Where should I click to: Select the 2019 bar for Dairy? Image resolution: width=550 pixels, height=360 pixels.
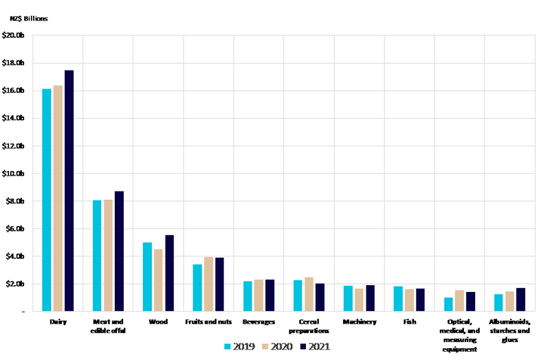[46, 200]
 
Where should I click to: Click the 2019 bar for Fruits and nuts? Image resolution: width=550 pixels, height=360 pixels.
[197, 288]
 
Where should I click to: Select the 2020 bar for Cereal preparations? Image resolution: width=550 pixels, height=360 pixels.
[309, 295]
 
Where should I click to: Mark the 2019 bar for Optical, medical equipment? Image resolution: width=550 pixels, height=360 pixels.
[448, 304]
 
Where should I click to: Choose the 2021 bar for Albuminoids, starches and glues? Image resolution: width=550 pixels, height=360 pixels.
[521, 300]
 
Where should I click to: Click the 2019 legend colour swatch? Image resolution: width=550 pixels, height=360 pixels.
[230, 347]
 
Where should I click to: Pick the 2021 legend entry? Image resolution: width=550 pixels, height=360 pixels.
[315, 347]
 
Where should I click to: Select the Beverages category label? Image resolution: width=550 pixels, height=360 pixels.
[258, 322]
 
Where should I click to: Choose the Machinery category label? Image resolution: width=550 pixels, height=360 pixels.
[359, 322]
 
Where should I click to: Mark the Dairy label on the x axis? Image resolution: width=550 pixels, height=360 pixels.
[58, 322]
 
